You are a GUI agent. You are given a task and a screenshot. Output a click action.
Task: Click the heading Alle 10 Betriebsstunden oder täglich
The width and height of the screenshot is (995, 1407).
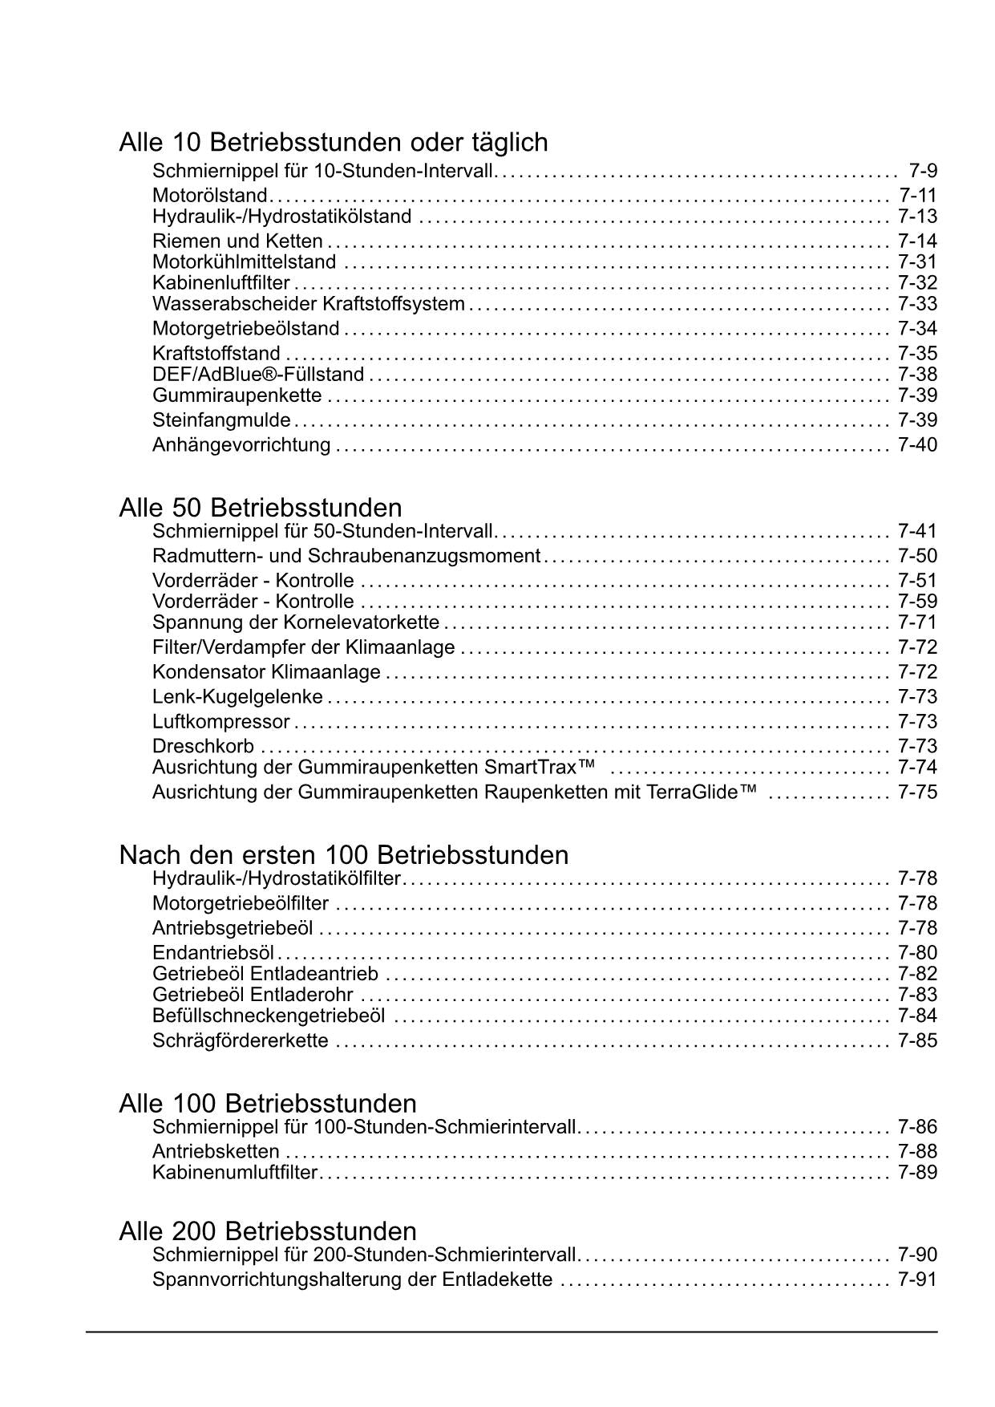[x=334, y=143]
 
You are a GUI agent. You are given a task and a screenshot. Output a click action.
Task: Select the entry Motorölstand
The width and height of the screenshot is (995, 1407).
[x=210, y=196]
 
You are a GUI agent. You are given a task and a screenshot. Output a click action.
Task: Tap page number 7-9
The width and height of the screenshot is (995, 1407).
[x=923, y=171]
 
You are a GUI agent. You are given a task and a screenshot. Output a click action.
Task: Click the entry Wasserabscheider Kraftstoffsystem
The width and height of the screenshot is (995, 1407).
[x=309, y=304]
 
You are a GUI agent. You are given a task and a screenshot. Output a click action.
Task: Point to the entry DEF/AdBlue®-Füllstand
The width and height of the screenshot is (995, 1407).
[x=258, y=375]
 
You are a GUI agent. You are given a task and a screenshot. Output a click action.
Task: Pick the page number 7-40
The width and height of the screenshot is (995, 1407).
[x=917, y=445]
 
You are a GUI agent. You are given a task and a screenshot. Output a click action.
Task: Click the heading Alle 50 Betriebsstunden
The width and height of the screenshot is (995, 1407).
[x=261, y=508]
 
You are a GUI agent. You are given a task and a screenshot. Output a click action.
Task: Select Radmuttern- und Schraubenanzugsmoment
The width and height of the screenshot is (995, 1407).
[x=346, y=556]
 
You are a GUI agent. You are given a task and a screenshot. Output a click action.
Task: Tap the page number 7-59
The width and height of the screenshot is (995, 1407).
[x=917, y=602]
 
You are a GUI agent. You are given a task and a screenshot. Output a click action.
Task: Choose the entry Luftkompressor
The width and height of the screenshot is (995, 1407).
[x=221, y=722]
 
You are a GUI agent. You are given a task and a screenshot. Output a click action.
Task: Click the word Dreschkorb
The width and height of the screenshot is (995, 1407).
[x=203, y=747]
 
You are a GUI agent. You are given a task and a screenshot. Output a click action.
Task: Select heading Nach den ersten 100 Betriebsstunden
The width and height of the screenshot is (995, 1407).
[x=344, y=855]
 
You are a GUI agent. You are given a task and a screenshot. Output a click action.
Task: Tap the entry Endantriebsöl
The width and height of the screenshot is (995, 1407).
[x=213, y=953]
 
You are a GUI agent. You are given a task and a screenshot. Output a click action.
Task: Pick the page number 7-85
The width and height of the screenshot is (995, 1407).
[x=917, y=1041]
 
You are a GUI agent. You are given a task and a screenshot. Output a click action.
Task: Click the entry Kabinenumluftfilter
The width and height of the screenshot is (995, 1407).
[x=235, y=1173]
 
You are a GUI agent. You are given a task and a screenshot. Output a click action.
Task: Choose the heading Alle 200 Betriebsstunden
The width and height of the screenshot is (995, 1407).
[x=268, y=1231]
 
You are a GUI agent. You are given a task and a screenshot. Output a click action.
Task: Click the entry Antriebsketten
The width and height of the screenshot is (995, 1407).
[x=216, y=1152]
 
